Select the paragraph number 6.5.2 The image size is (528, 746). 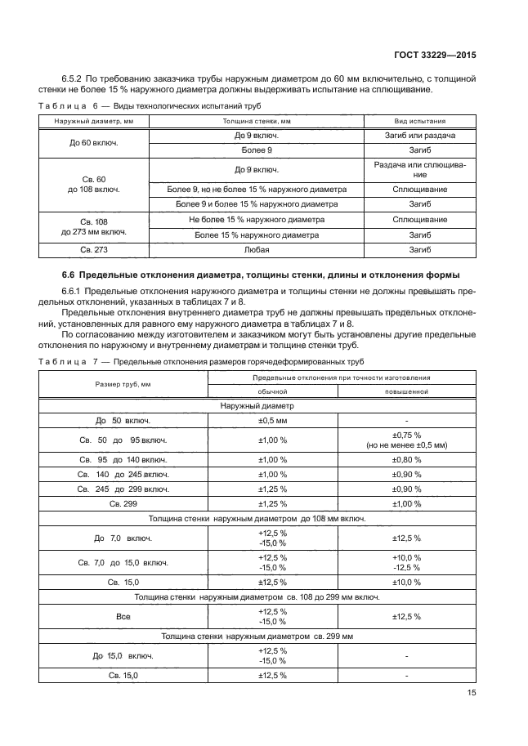[71, 79]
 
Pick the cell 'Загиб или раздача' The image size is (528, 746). [416, 136]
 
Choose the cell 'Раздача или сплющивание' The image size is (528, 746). [416, 170]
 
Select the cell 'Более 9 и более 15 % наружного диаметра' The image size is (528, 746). [257, 204]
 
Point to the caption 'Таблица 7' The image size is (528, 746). [68, 361]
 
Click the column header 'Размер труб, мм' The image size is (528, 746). [123, 383]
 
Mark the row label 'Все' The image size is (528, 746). [123, 617]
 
